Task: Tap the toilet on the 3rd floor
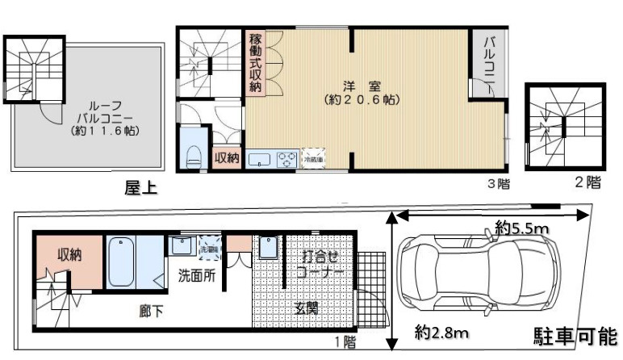point(194,156)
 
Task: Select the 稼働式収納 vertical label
point(256,64)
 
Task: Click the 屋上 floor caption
point(140,189)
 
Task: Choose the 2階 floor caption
point(587,182)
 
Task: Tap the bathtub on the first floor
point(122,262)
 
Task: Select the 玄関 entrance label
point(307,308)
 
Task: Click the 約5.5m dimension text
point(522,229)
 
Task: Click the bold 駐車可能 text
point(575,336)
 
